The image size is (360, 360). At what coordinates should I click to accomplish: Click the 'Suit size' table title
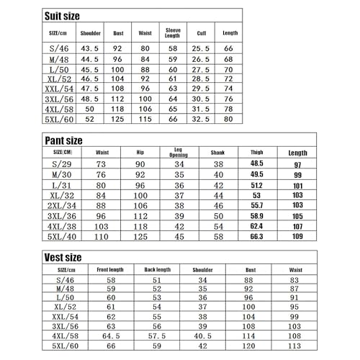coord(63,14)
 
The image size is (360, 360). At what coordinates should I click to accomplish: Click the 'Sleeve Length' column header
coord(173,33)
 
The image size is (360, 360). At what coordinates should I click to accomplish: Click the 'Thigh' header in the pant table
coord(257,152)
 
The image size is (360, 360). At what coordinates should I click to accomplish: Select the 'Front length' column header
coord(111,270)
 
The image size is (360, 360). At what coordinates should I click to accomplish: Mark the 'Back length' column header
coord(158,270)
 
